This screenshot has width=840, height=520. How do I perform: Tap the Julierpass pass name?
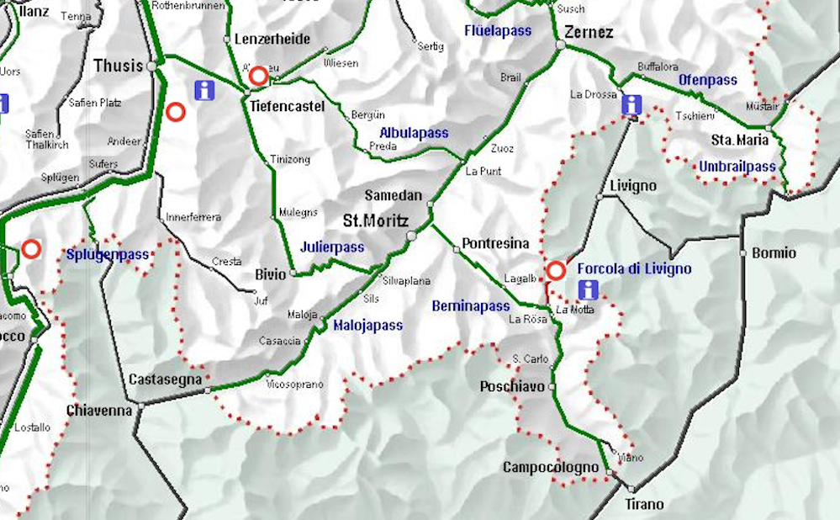(x=332, y=247)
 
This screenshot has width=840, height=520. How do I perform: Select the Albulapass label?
(x=414, y=133)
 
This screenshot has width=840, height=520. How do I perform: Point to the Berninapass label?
(x=471, y=306)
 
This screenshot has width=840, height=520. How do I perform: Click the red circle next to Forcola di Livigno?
(x=556, y=271)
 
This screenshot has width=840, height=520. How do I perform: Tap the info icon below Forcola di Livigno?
(x=589, y=290)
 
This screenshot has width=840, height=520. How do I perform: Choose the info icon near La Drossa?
(x=631, y=105)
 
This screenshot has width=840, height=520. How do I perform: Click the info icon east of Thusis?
(x=203, y=90)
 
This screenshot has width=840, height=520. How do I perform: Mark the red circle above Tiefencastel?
(x=259, y=76)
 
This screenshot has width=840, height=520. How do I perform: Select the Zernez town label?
(x=589, y=33)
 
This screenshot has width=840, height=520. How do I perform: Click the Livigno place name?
(x=631, y=185)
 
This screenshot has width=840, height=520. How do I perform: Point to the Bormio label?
(x=774, y=252)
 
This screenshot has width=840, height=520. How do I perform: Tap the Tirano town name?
(x=645, y=505)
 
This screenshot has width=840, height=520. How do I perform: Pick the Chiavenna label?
(x=99, y=411)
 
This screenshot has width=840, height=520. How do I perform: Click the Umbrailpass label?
(x=737, y=167)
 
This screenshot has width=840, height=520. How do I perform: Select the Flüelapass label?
(x=498, y=31)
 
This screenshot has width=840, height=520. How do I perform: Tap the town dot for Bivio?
(x=293, y=273)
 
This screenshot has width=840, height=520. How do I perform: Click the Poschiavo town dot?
(x=552, y=387)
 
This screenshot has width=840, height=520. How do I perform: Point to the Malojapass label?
(x=367, y=326)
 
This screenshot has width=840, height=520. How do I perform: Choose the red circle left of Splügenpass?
(x=31, y=249)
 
